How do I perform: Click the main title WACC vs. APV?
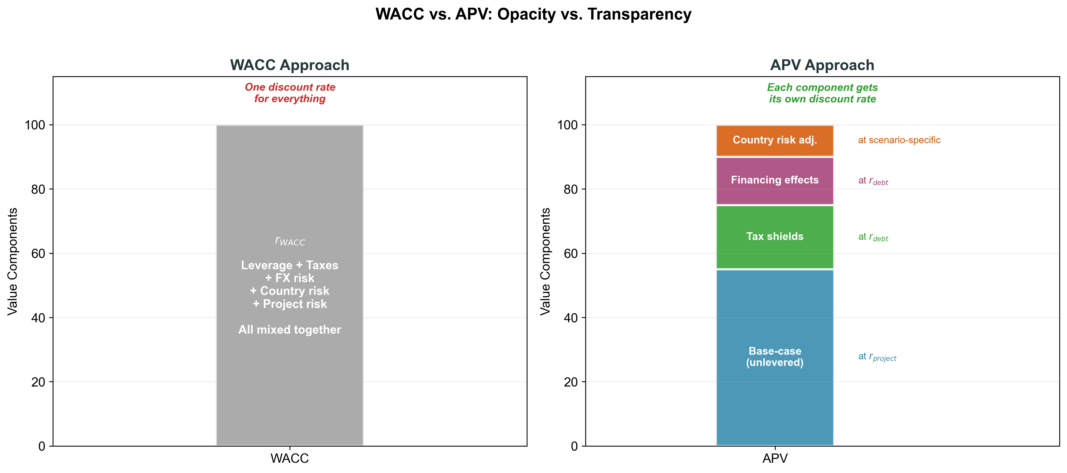(x=533, y=14)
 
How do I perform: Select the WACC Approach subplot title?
(x=290, y=65)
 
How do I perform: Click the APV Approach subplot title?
(x=822, y=65)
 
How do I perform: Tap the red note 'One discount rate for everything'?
(x=290, y=93)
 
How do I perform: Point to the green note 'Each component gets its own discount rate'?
(x=822, y=93)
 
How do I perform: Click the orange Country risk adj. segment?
(x=775, y=140)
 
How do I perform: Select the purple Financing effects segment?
(x=775, y=180)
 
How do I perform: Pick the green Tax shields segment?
(x=775, y=237)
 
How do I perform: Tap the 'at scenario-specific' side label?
(x=899, y=140)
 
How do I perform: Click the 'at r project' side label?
(x=877, y=357)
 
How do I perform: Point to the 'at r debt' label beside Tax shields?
(x=873, y=237)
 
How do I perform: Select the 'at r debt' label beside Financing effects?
(x=873, y=181)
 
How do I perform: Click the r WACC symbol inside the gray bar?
(x=290, y=241)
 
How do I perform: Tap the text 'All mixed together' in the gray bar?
(x=290, y=330)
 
